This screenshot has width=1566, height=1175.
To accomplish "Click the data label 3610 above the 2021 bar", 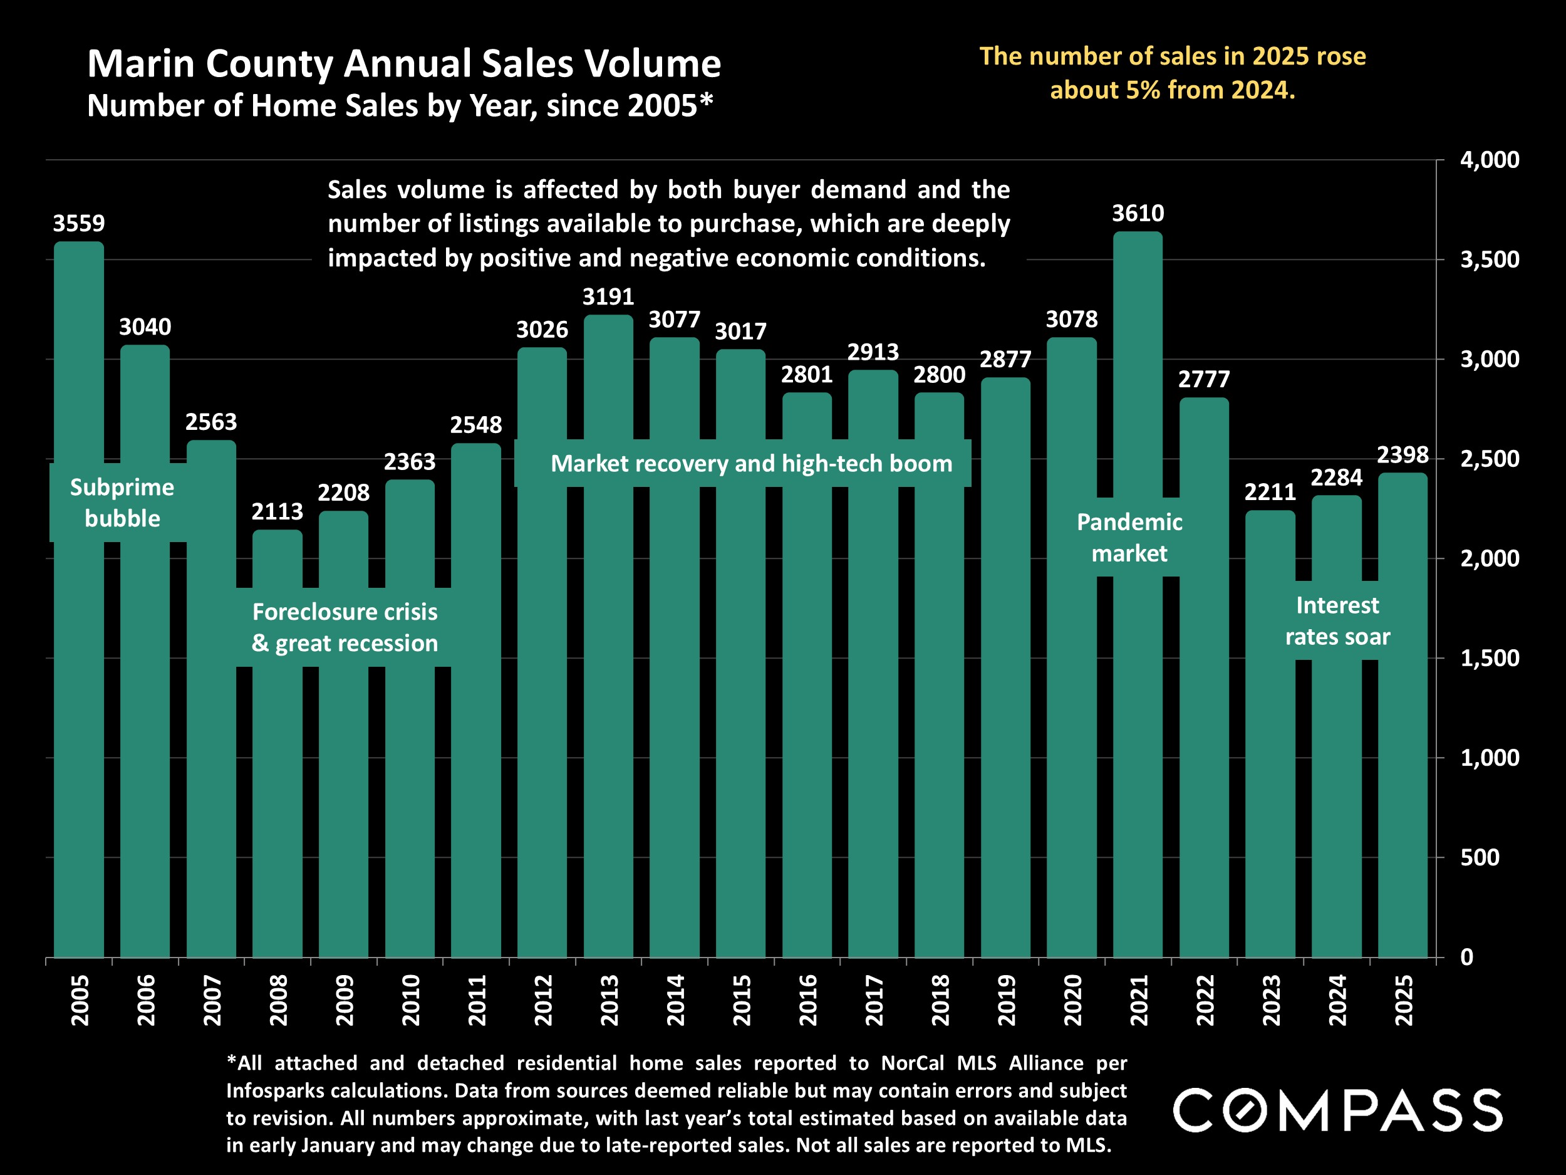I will point(1137,213).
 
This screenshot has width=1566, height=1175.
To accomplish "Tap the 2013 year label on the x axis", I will point(609,1000).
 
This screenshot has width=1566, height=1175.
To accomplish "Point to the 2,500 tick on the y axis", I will point(1489,459).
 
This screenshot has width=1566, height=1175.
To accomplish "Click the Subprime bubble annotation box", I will point(122,503).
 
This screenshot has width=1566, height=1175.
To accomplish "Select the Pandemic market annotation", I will point(1129,538).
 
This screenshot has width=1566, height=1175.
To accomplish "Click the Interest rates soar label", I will point(1337,621).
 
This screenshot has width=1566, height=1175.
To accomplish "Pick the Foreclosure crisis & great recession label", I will point(345,627).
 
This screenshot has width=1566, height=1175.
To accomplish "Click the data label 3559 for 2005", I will point(78,224).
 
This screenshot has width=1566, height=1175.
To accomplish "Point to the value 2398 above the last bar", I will point(1402,455).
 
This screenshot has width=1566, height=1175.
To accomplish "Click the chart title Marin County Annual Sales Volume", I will point(403,64).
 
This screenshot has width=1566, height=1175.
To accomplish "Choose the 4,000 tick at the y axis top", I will point(1489,160).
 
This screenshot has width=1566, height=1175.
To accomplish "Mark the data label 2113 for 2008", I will point(277,511).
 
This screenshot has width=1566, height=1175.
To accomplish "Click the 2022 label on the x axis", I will point(1204,1000).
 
